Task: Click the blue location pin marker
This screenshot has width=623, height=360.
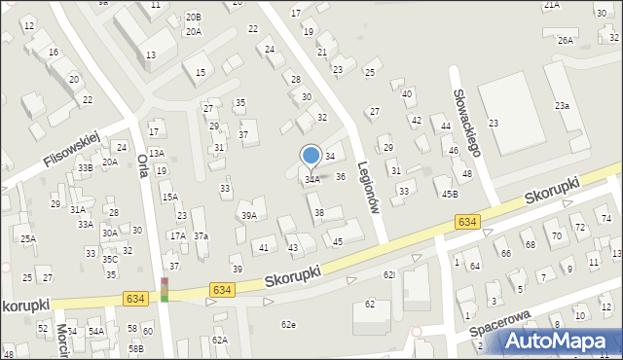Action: tap(311, 156)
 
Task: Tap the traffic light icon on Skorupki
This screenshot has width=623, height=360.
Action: tap(165, 289)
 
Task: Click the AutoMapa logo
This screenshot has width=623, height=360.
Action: tap(559, 340)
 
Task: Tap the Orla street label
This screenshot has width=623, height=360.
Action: tap(142, 165)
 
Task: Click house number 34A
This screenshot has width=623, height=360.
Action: tap(312, 179)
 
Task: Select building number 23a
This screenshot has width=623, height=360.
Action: tap(562, 105)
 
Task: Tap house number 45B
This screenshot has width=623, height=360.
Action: tap(450, 194)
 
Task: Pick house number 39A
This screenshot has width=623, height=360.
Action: tap(249, 216)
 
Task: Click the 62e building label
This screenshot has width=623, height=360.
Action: tap(288, 324)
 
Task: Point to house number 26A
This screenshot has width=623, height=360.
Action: tap(566, 41)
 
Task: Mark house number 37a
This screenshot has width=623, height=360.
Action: tap(201, 235)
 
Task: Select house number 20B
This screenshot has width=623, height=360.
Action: tap(194, 17)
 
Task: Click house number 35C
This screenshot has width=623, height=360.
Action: tap(110, 260)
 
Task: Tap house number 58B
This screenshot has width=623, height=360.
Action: tap(135, 347)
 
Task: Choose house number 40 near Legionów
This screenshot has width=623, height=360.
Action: tap(407, 93)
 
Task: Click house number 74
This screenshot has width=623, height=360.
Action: tap(606, 217)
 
